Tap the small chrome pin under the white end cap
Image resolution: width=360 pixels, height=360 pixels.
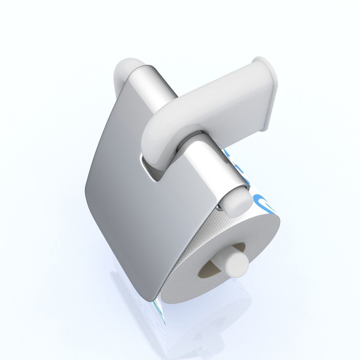[x=221, y=207]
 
